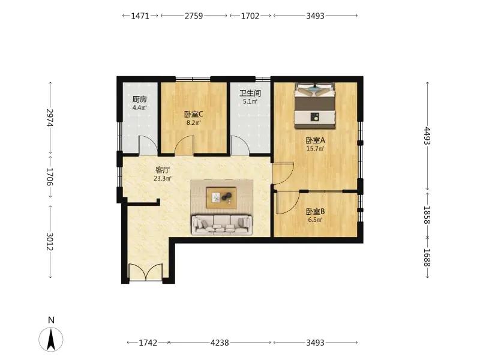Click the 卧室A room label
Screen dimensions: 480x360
click(x=316, y=140)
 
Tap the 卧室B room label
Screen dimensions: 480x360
click(x=316, y=212)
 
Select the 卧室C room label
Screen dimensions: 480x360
click(x=194, y=115)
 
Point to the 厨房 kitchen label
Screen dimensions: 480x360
click(x=140, y=99)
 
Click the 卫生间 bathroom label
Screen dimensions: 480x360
click(x=250, y=93)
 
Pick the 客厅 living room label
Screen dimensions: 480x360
click(x=163, y=170)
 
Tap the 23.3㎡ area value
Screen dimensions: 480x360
click(x=163, y=178)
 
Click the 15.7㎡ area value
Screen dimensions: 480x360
click(x=316, y=149)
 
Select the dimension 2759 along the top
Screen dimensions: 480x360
click(x=193, y=16)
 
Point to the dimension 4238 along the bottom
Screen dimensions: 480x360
click(x=220, y=343)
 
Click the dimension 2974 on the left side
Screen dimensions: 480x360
click(x=50, y=118)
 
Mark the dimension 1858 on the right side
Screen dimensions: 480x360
click(x=427, y=215)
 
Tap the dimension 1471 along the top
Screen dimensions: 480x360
click(x=140, y=16)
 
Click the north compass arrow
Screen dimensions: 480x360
click(x=51, y=339)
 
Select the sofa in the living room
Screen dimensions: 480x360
click(x=222, y=225)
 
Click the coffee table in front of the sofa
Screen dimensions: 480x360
click(x=221, y=198)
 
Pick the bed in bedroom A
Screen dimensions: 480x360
click(x=314, y=106)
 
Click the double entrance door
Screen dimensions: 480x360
click(x=146, y=272)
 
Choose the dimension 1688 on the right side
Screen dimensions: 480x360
click(x=427, y=257)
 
